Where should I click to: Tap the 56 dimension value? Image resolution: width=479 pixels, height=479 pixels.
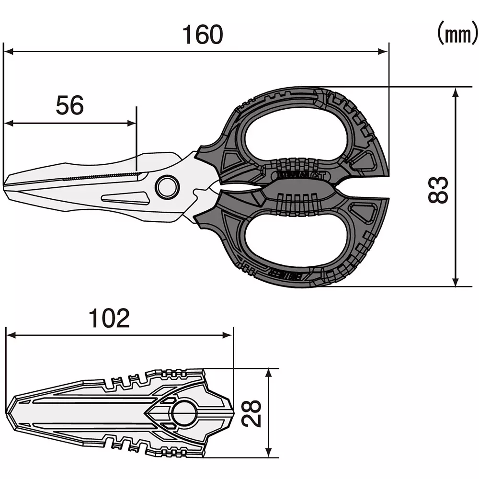pos(70,105)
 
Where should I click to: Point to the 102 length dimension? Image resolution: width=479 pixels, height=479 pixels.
pos(110,318)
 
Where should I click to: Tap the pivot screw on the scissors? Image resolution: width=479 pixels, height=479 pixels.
pos(167,187)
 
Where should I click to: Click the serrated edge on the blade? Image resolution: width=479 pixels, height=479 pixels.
pos(101,176)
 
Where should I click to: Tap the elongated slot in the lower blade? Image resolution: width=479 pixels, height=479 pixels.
pos(125,197)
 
